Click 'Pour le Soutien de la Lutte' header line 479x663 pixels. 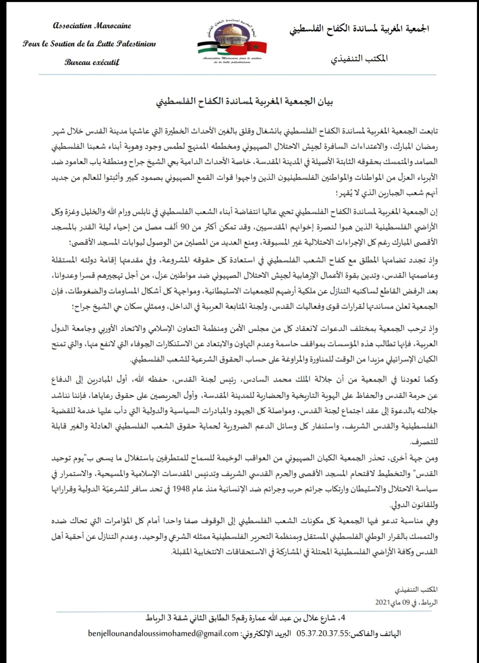click(x=89, y=44)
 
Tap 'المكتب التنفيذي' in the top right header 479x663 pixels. click(x=359, y=59)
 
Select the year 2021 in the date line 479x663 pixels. click(x=384, y=602)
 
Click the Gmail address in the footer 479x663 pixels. click(x=163, y=633)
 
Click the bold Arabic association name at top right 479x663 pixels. click(x=360, y=28)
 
